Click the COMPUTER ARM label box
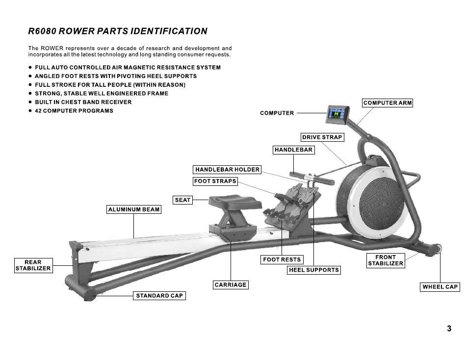pyautogui.click(x=388, y=103)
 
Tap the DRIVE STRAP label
pyautogui.click(x=322, y=137)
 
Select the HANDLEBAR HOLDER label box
pyautogui.click(x=227, y=169)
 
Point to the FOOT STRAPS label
pyautogui.click(x=215, y=181)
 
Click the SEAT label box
pyautogui.click(x=182, y=200)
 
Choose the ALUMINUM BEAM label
pyautogui.click(x=134, y=209)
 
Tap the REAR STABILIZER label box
pyautogui.click(x=33, y=265)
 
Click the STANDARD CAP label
pyautogui.click(x=159, y=295)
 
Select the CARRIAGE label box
pyautogui.click(x=231, y=285)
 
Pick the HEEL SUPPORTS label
pyautogui.click(x=314, y=270)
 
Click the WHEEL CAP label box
pyautogui.click(x=440, y=287)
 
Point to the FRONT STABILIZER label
pyautogui.click(x=386, y=260)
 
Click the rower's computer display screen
pyautogui.click(x=336, y=114)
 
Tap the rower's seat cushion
pyautogui.click(x=235, y=201)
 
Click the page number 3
pyautogui.click(x=449, y=329)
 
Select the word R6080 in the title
pyautogui.click(x=42, y=31)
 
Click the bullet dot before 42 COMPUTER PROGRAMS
pyautogui.click(x=30, y=110)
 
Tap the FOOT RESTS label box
pyautogui.click(x=282, y=259)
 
